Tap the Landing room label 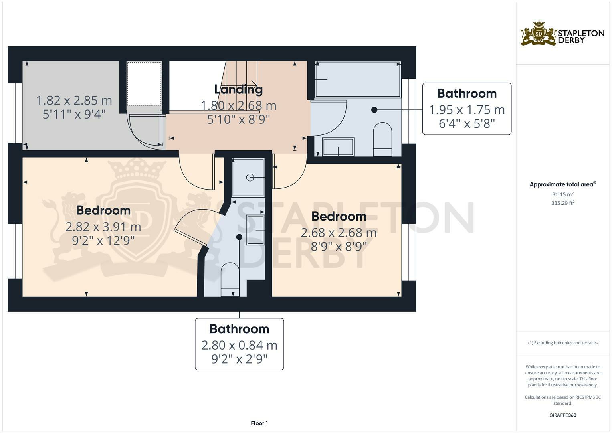[x=238, y=89]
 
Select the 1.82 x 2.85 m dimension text [x=74, y=100]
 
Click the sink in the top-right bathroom [x=338, y=147]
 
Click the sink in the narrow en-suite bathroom [x=255, y=230]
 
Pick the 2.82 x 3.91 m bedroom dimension [x=103, y=227]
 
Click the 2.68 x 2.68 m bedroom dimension [x=338, y=233]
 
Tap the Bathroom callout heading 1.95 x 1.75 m [x=467, y=93]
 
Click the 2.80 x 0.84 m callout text [x=239, y=345]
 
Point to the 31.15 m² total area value [x=562, y=194]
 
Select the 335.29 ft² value [x=562, y=203]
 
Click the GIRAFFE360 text [x=562, y=415]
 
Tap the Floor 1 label [x=259, y=423]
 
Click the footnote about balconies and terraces [x=562, y=343]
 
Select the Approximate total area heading [x=562, y=184]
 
